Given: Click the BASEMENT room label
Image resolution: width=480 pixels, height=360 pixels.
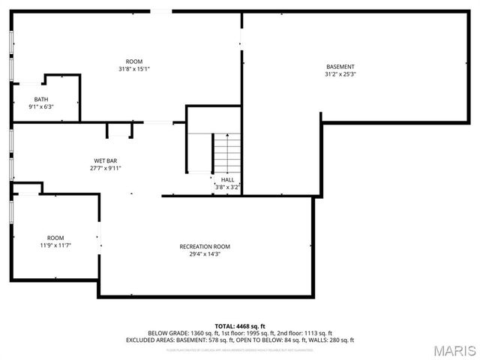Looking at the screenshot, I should (x=340, y=67).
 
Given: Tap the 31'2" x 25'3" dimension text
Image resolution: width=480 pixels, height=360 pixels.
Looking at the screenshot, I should (x=340, y=74).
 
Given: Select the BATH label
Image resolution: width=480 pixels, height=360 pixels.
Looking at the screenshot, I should (x=41, y=99).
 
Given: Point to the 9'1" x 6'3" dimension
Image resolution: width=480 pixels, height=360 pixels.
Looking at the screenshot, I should (x=41, y=106).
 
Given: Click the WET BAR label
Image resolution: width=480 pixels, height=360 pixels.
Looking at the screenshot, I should (x=105, y=160).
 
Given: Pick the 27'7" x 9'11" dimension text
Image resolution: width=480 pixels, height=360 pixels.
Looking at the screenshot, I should (x=105, y=168).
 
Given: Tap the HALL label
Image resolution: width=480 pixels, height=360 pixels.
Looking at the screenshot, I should (x=227, y=180).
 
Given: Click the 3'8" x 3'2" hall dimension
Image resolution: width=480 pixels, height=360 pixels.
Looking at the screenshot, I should (x=227, y=187).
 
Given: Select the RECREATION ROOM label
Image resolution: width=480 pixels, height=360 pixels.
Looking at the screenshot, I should (x=205, y=247).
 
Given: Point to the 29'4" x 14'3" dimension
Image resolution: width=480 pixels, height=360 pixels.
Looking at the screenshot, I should (x=205, y=254).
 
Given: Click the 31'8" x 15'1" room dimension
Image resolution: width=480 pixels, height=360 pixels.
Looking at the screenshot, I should (x=134, y=69).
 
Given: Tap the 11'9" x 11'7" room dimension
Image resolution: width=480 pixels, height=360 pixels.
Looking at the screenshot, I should (x=55, y=245).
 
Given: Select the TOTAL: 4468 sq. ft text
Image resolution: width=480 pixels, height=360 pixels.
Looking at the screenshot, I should (x=239, y=326).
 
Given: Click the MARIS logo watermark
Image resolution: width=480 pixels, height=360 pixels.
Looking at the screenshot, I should (x=453, y=350).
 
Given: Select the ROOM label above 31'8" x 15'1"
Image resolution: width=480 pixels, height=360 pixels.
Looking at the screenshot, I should (x=134, y=61).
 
